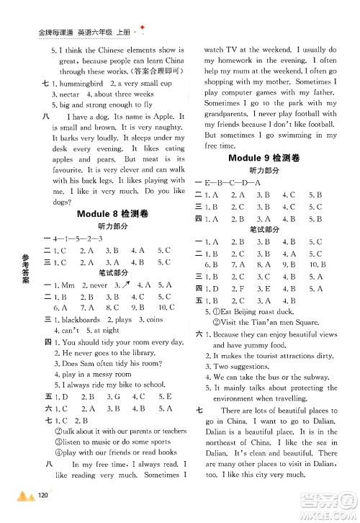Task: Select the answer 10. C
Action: tap(166, 308)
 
